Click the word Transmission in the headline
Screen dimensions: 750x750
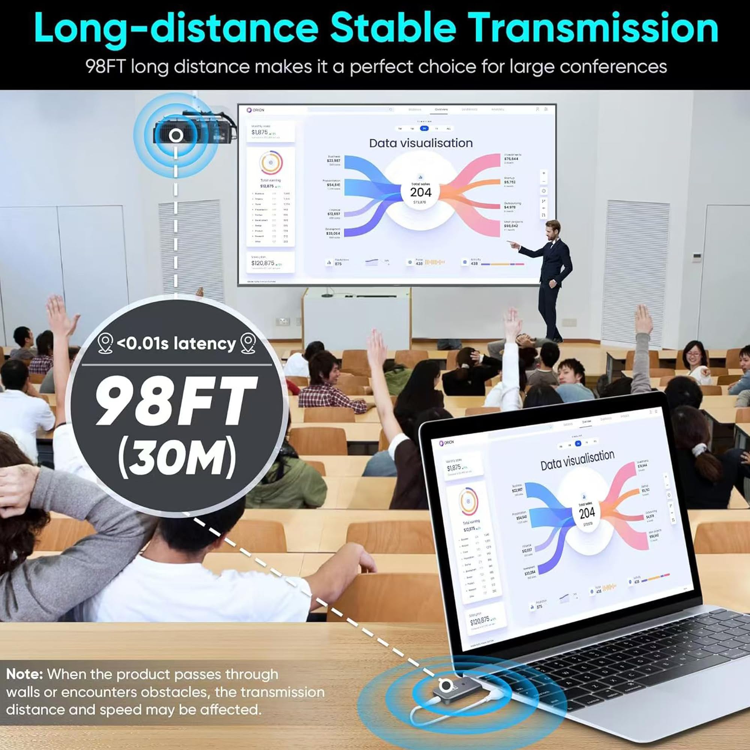coord(594,28)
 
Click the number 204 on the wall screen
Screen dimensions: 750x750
coord(421,192)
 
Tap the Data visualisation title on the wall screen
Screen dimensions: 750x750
coord(421,143)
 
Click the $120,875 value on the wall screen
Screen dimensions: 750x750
coord(262,263)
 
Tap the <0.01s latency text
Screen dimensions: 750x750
coord(176,343)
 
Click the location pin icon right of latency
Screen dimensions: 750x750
coord(248,343)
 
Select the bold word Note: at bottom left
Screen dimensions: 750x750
coord(24,673)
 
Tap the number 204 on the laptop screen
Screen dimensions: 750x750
coord(587,514)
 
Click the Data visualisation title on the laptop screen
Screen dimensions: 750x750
coord(577,460)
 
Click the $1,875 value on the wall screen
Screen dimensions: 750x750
coord(259,132)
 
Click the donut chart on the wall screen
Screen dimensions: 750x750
coord(271,163)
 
